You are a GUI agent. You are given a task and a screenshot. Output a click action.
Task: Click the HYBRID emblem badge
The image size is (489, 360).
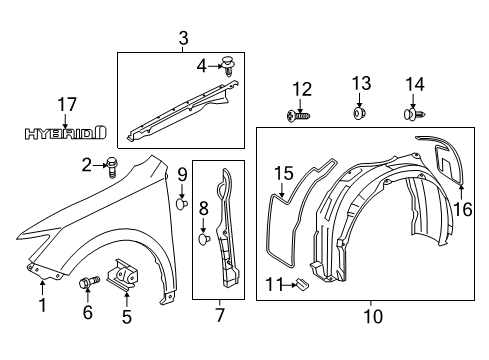[x=67, y=133]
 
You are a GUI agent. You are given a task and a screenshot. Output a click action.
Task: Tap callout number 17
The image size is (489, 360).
[x=66, y=102]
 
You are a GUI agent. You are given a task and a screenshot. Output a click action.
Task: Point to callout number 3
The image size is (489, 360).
[x=183, y=39]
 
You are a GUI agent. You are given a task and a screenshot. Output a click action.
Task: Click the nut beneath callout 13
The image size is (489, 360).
[x=359, y=115]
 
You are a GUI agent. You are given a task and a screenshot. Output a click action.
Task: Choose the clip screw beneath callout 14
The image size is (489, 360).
[x=411, y=115]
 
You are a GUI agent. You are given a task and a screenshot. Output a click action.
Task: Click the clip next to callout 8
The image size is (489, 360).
[x=204, y=240]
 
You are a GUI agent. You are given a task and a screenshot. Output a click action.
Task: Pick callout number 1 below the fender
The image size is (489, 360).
[x=42, y=304]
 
